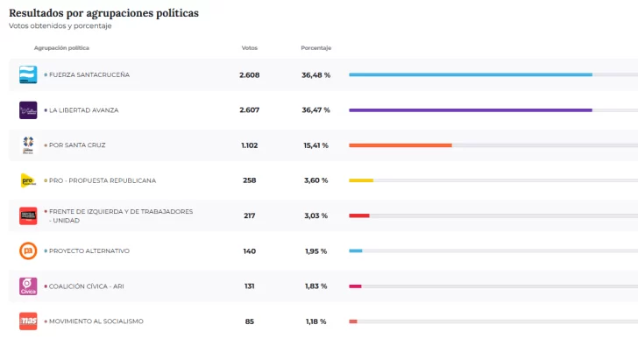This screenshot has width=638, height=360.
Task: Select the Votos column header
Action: (250, 47)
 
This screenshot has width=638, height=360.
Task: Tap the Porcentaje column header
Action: (315, 47)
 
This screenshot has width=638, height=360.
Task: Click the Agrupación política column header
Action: (61, 47)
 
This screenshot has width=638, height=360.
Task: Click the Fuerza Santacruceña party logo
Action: (28, 75)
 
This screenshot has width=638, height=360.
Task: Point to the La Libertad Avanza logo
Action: (28, 110)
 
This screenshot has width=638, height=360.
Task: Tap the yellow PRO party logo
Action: (28, 180)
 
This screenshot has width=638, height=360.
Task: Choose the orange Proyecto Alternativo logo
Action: (28, 251)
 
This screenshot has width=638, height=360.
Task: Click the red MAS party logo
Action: (28, 321)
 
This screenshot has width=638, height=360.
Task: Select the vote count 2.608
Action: (250, 75)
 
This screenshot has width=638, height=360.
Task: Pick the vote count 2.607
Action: (250, 110)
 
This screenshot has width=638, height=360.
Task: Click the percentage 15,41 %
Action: (315, 145)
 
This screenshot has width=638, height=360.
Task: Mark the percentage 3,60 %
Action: (315, 180)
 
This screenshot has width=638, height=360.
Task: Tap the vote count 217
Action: (250, 215)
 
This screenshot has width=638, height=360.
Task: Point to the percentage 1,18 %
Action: (315, 321)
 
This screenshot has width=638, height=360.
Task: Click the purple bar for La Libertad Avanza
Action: (470, 110)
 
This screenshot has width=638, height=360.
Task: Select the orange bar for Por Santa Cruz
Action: (400, 145)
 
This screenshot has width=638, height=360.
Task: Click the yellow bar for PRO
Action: (361, 180)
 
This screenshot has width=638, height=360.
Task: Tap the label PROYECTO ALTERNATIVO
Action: (89, 251)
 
